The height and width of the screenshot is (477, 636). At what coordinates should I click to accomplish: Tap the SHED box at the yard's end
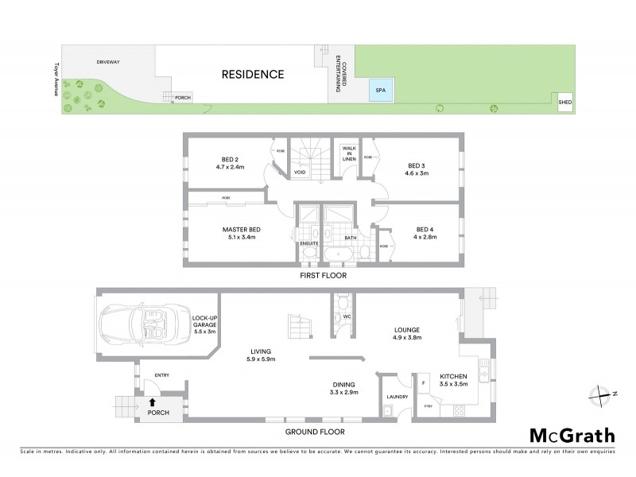pos(564,103)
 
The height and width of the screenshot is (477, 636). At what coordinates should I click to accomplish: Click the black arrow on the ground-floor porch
pos(153,403)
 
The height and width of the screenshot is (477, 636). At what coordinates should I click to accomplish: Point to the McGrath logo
pos(572,435)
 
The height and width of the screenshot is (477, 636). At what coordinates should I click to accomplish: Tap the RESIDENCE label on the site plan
pos(252,75)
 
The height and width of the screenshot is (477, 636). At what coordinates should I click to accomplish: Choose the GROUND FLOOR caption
pos(316,432)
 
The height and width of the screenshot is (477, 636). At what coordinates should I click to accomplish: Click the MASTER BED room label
pos(241,230)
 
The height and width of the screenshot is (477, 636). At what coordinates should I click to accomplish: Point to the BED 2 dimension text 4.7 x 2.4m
pos(229,167)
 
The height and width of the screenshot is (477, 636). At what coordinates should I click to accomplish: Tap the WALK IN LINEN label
pos(348,153)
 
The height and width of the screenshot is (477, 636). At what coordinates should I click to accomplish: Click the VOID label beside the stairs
pos(300,171)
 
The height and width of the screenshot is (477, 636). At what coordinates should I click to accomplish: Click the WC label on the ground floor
pos(347,316)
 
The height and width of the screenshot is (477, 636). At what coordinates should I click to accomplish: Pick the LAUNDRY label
pos(396,397)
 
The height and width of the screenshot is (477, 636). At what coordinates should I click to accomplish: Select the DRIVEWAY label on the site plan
pos(108,61)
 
